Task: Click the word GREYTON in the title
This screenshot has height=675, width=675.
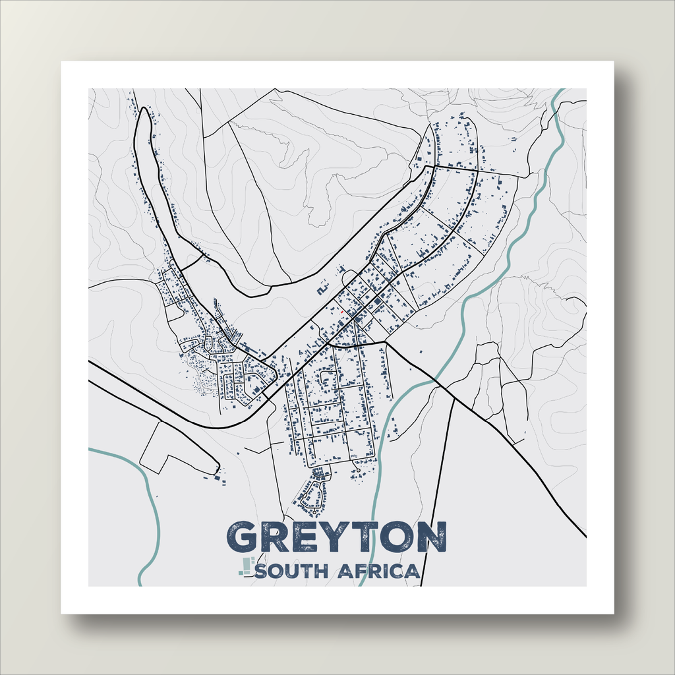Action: [x=336, y=537]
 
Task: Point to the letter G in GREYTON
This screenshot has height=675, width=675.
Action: [x=245, y=537]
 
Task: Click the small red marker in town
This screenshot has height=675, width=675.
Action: [x=342, y=312]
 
